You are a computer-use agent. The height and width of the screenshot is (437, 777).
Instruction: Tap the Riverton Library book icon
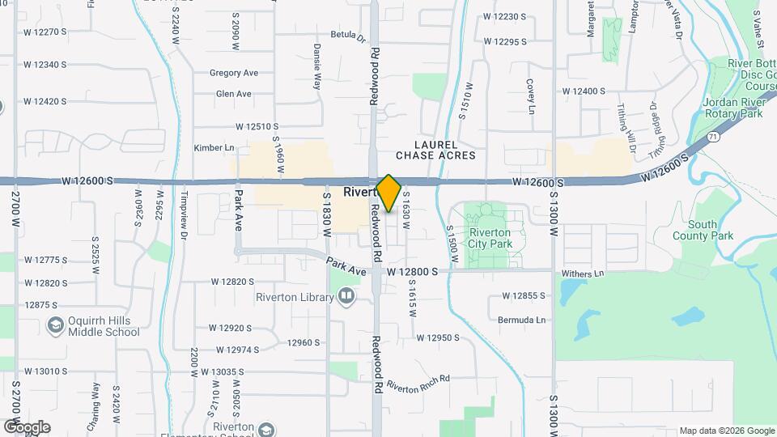click(346, 297)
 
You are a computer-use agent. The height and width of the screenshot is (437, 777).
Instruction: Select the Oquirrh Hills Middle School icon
click(56, 325)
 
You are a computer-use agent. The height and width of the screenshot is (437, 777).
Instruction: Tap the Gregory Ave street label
click(233, 73)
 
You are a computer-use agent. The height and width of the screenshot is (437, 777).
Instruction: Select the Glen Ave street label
click(233, 94)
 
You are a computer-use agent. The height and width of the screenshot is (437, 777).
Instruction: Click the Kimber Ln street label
click(214, 148)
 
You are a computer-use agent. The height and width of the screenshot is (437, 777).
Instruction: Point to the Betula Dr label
click(348, 36)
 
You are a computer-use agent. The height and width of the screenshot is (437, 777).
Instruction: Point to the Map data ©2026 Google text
click(726, 431)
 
